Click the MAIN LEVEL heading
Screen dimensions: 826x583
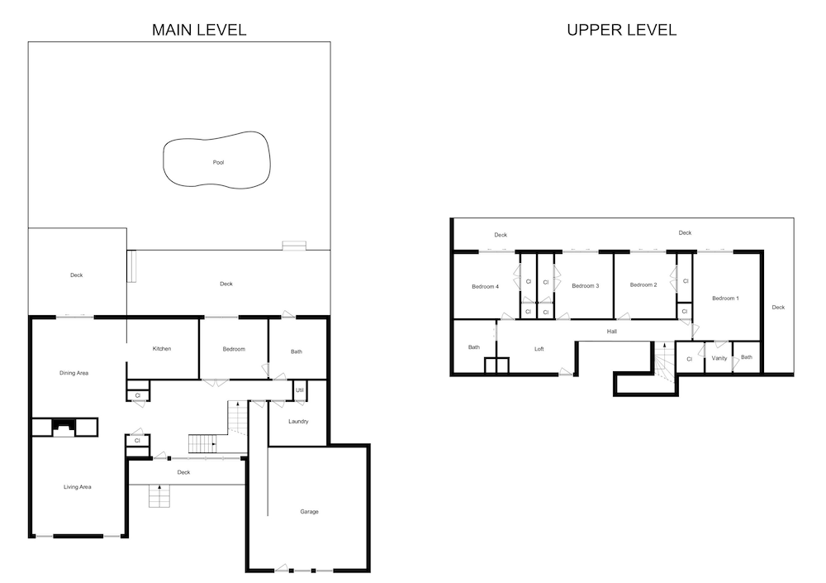click(x=199, y=30)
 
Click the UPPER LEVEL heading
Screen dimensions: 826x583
click(x=622, y=30)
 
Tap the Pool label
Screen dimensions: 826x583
click(x=219, y=163)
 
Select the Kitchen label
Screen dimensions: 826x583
click(x=162, y=349)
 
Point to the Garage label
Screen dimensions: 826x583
click(x=309, y=512)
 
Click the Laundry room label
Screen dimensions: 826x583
click(x=298, y=422)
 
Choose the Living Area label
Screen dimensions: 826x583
click(x=78, y=487)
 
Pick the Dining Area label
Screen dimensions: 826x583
click(x=74, y=373)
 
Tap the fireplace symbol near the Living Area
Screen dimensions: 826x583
click(x=64, y=428)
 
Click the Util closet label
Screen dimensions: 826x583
click(x=300, y=390)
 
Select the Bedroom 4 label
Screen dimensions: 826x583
click(x=485, y=286)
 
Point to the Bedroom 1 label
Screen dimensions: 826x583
click(x=725, y=298)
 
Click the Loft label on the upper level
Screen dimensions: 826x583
click(x=539, y=349)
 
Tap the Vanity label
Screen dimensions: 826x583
click(x=719, y=358)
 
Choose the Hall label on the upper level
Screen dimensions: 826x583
click(x=611, y=332)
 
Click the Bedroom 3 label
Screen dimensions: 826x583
click(x=586, y=286)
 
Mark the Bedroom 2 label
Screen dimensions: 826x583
click(x=643, y=285)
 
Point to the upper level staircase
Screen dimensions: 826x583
click(x=664, y=362)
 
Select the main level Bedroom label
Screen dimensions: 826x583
click(x=234, y=349)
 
